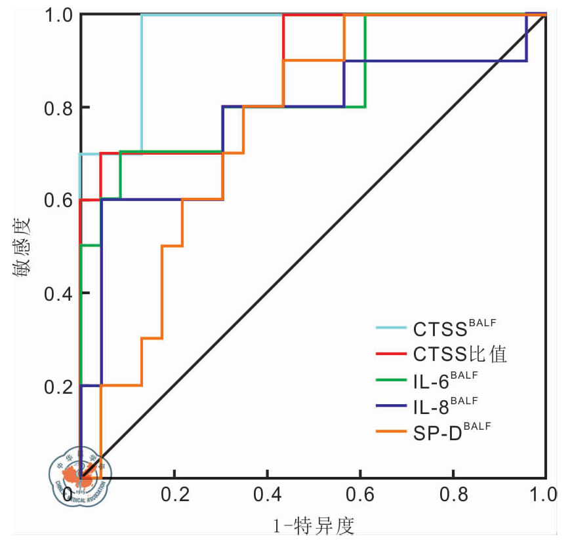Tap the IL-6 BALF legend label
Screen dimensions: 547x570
click(x=445, y=381)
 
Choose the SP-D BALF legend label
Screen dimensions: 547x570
click(x=452, y=432)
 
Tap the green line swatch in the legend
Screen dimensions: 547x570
click(x=392, y=381)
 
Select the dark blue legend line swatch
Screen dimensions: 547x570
click(x=392, y=407)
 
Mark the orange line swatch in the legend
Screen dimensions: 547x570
click(x=392, y=432)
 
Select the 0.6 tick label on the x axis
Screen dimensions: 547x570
click(x=359, y=495)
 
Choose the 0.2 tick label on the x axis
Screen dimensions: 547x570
click(x=173, y=495)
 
